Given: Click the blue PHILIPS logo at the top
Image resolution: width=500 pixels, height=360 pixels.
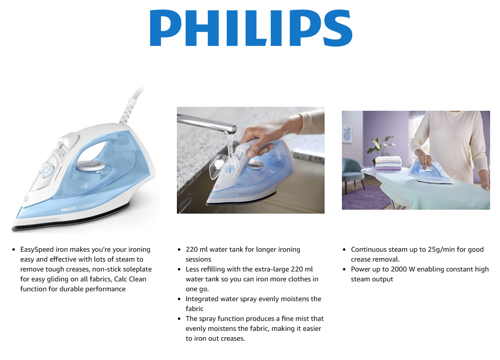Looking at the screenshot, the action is point(251,28).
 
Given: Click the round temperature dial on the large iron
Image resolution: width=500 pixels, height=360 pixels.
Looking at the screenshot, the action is point(46,169).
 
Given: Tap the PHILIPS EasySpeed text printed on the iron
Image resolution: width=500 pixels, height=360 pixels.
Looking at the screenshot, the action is point(78,207).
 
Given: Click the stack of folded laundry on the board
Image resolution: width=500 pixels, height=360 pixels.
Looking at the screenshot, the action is point(388,163).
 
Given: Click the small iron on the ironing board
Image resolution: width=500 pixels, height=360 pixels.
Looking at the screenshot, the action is point(429,173).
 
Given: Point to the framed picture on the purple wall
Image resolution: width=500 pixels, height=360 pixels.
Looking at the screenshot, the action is point(347,134).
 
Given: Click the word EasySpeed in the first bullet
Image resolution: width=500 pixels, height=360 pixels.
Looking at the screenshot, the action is point(37,250).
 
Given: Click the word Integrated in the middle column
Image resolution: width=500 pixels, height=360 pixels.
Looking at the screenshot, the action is point(202,299).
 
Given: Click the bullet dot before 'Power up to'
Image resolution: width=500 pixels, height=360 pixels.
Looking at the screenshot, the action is point(344,270).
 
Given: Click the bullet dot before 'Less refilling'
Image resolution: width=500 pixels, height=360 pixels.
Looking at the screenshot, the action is point(179,270).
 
